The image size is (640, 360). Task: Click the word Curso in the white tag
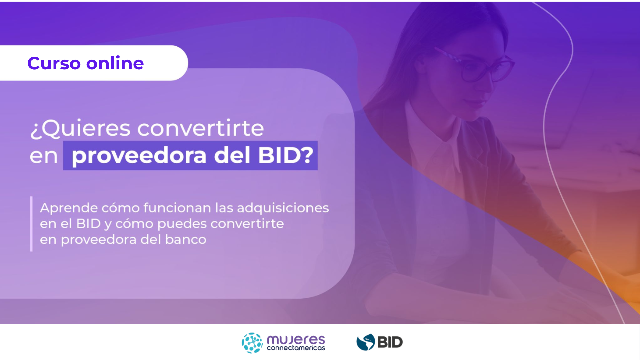click(x=54, y=63)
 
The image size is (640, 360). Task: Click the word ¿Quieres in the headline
click(x=80, y=129)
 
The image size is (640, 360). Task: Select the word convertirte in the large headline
click(x=201, y=128)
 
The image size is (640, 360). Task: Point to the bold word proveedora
click(x=139, y=156)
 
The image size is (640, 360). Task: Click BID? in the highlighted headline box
click(x=286, y=155)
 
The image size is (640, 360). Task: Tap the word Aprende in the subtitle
click(x=69, y=208)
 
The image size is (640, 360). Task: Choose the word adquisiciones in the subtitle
click(x=283, y=208)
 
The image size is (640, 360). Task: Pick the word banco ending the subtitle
click(x=186, y=239)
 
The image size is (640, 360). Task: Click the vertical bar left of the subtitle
click(x=31, y=224)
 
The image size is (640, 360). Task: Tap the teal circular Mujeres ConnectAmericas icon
click(x=252, y=343)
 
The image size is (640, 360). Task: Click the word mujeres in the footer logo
click(x=296, y=340)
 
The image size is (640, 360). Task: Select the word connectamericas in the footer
click(x=296, y=348)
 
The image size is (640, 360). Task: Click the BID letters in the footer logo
click(x=390, y=342)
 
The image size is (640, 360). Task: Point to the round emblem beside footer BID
click(x=366, y=342)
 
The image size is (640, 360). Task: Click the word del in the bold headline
click(x=232, y=155)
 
